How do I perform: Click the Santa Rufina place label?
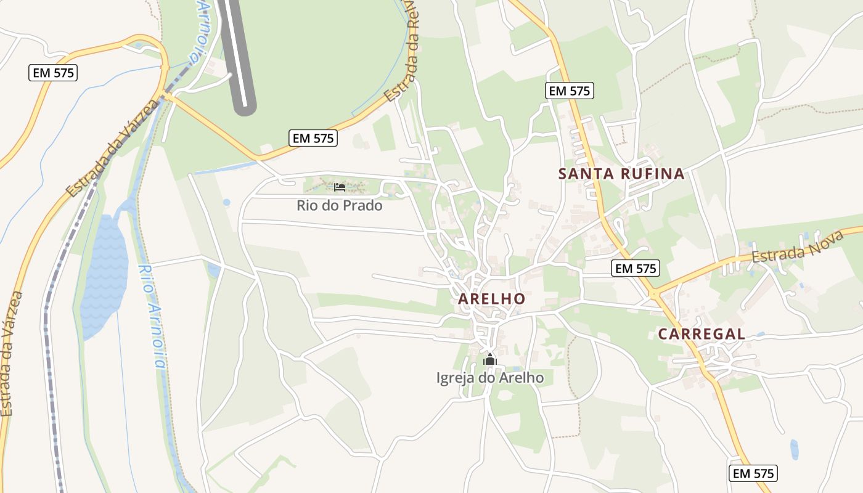click(x=621, y=174)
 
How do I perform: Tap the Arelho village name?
click(x=491, y=299)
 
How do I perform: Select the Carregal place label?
click(x=701, y=334)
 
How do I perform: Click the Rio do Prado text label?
click(x=340, y=206)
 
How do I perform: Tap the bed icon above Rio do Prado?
click(x=340, y=187)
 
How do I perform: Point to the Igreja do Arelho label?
click(x=490, y=377)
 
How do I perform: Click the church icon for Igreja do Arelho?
click(x=490, y=359)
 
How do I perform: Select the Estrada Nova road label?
click(x=788, y=246)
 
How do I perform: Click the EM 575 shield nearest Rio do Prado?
click(x=314, y=138)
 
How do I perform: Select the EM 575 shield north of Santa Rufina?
click(x=570, y=91)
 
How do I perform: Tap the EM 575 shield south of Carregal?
click(x=753, y=473)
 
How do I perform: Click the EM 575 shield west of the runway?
click(x=53, y=73)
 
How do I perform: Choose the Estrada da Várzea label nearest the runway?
click(x=112, y=148)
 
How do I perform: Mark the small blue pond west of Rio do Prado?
click(x=227, y=202)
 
